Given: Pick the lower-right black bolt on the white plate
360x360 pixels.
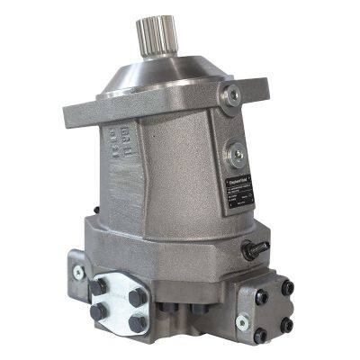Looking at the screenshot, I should click(137, 321).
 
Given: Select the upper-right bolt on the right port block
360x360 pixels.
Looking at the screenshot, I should click(288, 287).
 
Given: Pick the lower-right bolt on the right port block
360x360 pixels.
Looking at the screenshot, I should click(289, 325).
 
